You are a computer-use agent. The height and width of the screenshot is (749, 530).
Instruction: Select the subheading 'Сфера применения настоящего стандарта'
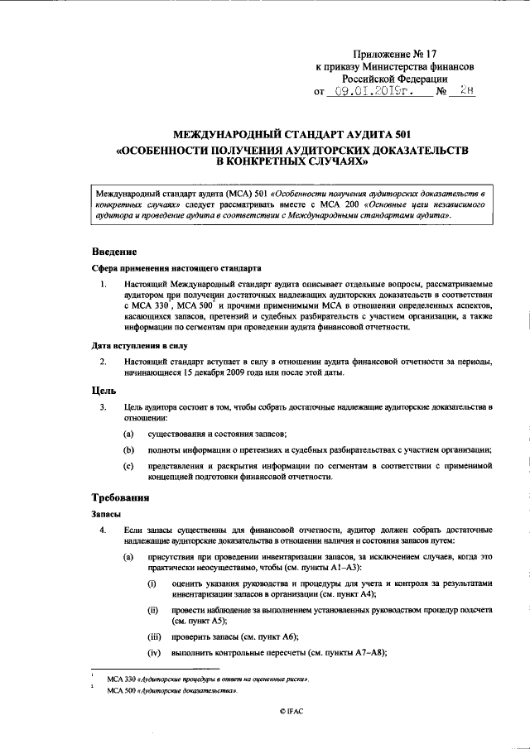click(x=176, y=269)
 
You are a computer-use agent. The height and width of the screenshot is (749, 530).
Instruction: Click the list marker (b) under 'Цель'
click(x=129, y=450)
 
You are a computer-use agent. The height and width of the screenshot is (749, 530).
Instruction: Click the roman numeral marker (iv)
click(x=154, y=654)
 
